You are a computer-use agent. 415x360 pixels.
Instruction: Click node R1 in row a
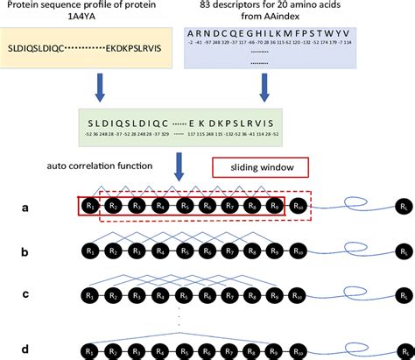(89, 208)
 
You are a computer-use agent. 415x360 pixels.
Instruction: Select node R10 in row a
(299, 208)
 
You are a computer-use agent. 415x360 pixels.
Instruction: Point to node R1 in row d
(89, 349)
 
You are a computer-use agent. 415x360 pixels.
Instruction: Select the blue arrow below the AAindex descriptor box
(264, 85)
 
